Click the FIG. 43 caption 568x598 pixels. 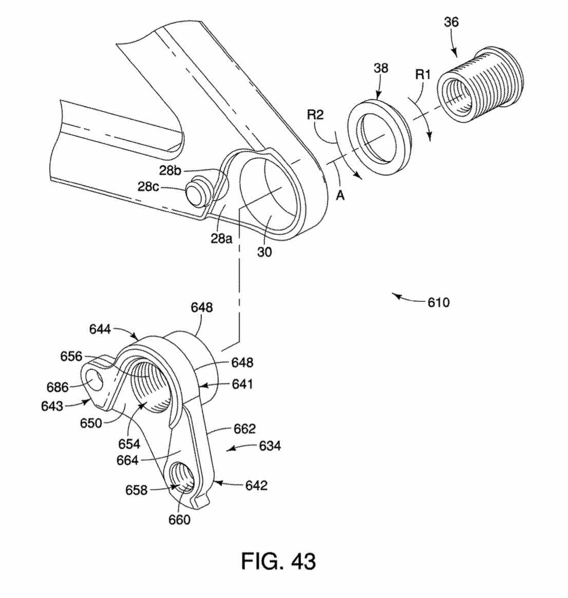pyautogui.click(x=279, y=561)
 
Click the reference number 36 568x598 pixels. pyautogui.click(x=451, y=22)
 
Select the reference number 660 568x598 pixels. pyautogui.click(x=180, y=519)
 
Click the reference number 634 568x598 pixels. pyautogui.click(x=270, y=446)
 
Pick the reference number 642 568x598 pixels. pyautogui.click(x=256, y=485)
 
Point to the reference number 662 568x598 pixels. pyautogui.click(x=244, y=428)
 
